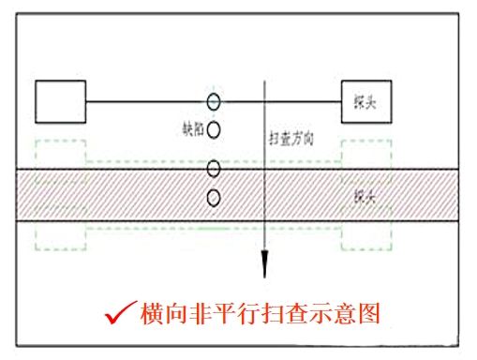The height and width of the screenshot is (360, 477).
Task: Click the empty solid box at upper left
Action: (61, 100)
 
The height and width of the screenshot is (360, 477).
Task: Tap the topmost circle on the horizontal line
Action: (214, 100)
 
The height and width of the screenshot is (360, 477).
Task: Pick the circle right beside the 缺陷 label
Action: (214, 130)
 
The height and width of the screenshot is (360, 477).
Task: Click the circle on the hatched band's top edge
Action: (214, 168)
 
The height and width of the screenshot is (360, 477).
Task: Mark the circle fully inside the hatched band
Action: (214, 197)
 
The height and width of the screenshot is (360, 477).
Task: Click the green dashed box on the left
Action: (60, 195)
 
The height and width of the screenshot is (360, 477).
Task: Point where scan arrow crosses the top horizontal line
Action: (266, 100)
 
